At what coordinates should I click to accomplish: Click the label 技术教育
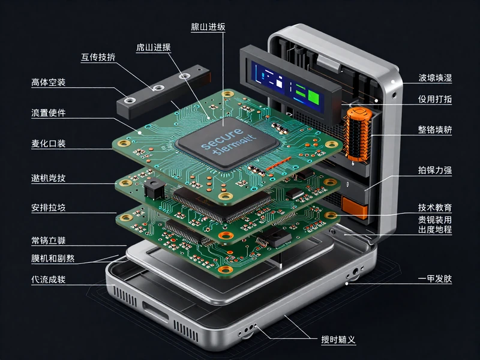click(435, 208)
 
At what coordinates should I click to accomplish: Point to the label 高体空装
click(49, 82)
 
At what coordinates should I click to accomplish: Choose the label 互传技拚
click(98, 58)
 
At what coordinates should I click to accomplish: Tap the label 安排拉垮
click(49, 208)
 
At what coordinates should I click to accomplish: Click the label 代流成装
click(49, 280)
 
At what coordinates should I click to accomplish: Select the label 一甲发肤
click(435, 279)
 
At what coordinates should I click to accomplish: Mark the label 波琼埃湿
click(435, 78)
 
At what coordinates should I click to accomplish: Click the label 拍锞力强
click(435, 170)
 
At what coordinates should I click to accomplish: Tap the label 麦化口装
click(49, 144)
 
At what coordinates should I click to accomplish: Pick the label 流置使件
click(49, 113)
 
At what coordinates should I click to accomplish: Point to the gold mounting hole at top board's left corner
click(124, 145)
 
